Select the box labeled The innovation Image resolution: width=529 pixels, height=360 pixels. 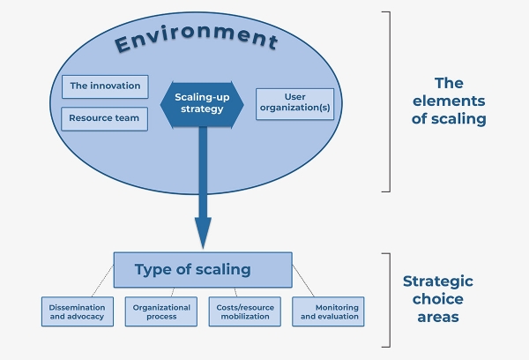click(x=105, y=86)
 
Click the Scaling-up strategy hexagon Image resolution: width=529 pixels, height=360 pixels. click(x=202, y=102)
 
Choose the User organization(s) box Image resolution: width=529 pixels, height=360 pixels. click(x=295, y=104)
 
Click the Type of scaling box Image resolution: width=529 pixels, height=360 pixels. click(x=203, y=269)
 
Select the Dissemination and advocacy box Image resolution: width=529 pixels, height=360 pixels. click(x=78, y=311)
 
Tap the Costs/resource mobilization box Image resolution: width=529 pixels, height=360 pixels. click(x=244, y=311)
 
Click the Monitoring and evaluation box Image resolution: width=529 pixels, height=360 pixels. click(x=328, y=311)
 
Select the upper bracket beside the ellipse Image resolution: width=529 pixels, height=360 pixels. click(x=385, y=101)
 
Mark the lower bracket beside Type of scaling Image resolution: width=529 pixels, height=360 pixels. click(x=385, y=300)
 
